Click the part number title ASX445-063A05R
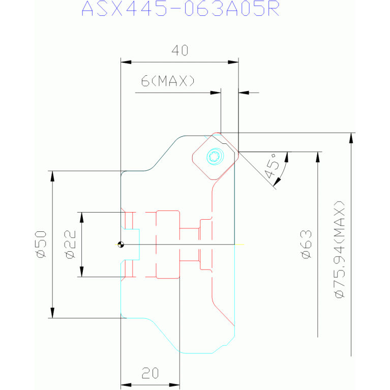[181, 9]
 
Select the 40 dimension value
[180, 50]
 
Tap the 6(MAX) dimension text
[168, 80]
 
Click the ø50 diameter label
[41, 245]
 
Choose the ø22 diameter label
[70, 244]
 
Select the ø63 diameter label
[307, 244]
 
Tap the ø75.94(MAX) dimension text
[340, 250]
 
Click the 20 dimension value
[150, 373]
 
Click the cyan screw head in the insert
[215, 157]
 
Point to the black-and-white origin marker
[121, 245]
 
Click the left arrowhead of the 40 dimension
[126, 62]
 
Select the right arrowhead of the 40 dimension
[233, 62]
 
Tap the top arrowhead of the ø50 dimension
[52, 176]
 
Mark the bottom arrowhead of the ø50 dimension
[52, 313]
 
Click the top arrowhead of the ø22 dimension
[81, 218]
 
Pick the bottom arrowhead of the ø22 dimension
[81, 272]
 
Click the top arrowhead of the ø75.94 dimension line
[351, 138]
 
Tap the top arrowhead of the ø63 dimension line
[318, 157]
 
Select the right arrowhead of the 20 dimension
[174, 385]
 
